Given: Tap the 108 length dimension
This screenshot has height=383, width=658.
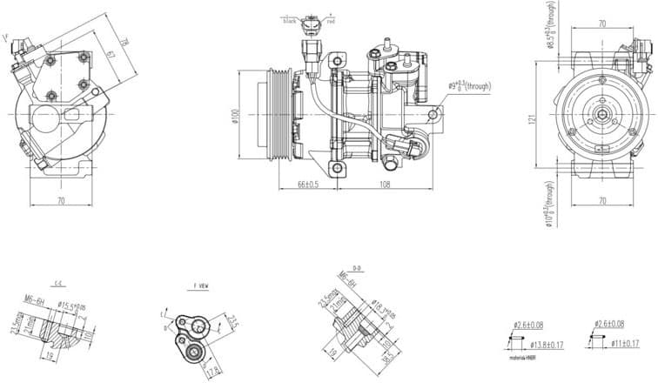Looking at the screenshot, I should coord(384,185).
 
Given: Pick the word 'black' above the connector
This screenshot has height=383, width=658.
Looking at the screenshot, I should coord(291,19).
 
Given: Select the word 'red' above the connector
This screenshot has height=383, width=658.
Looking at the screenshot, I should coord(331,19).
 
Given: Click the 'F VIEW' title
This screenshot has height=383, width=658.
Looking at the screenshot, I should coord(200,286).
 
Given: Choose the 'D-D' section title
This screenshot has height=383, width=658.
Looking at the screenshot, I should coord(356,269).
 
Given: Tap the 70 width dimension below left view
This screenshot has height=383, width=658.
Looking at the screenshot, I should coord(61,201).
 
